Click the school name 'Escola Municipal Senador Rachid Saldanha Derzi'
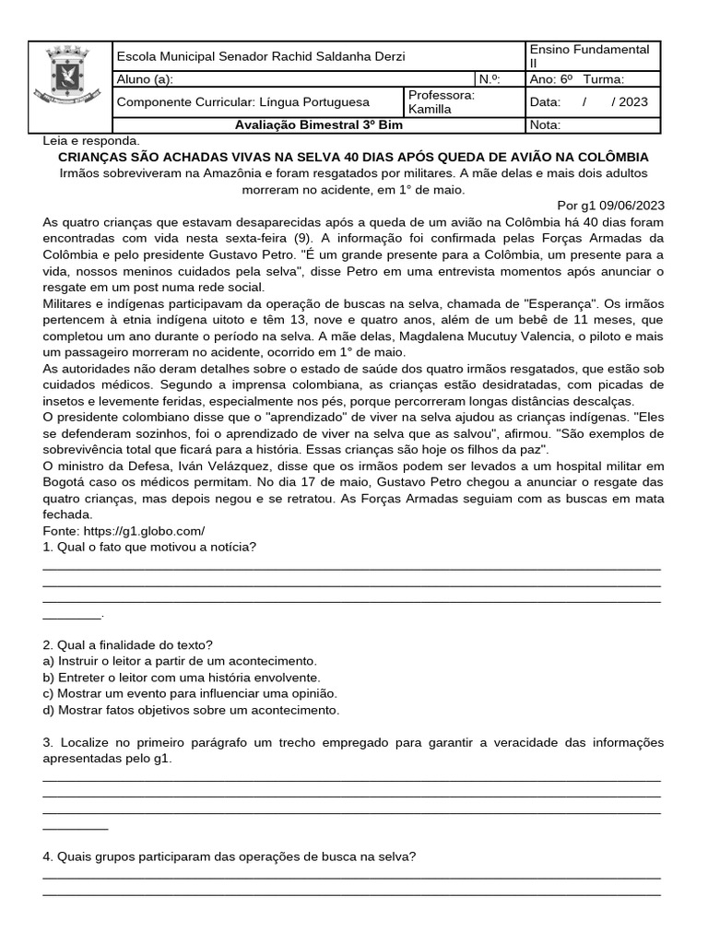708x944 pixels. click(260, 56)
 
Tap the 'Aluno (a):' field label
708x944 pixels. click(145, 79)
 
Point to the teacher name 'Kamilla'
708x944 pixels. click(430, 109)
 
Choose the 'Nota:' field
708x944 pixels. click(545, 125)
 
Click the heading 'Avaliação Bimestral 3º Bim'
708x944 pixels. click(313, 125)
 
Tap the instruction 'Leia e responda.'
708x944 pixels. click(91, 141)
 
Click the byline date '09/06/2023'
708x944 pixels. click(631, 206)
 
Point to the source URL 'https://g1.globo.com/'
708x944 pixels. click(124, 531)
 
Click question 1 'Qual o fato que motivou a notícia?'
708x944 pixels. click(149, 547)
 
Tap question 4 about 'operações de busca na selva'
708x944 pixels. click(230, 856)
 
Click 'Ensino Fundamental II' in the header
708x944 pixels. click(589, 56)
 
